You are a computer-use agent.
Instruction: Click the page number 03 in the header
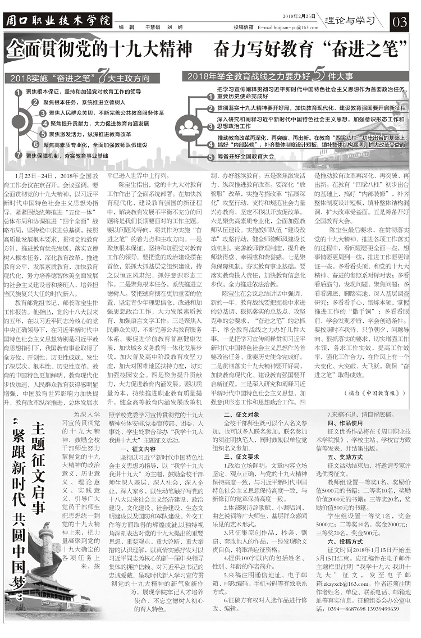click(x=401, y=22)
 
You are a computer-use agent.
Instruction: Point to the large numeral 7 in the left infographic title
click(x=102, y=76)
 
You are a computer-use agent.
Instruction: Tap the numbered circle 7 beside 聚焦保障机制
click(x=17, y=154)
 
